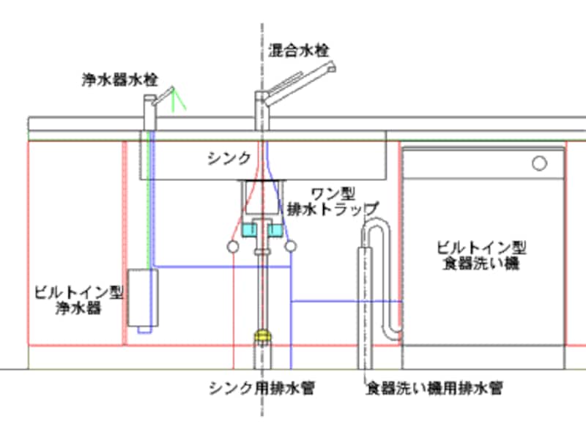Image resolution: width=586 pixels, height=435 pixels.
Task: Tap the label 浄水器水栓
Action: (119, 80)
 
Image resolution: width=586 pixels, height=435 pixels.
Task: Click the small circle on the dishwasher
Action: (540, 163)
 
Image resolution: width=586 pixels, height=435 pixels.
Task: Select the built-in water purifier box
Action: (143, 298)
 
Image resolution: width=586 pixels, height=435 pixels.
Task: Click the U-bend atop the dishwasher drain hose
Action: (377, 222)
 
